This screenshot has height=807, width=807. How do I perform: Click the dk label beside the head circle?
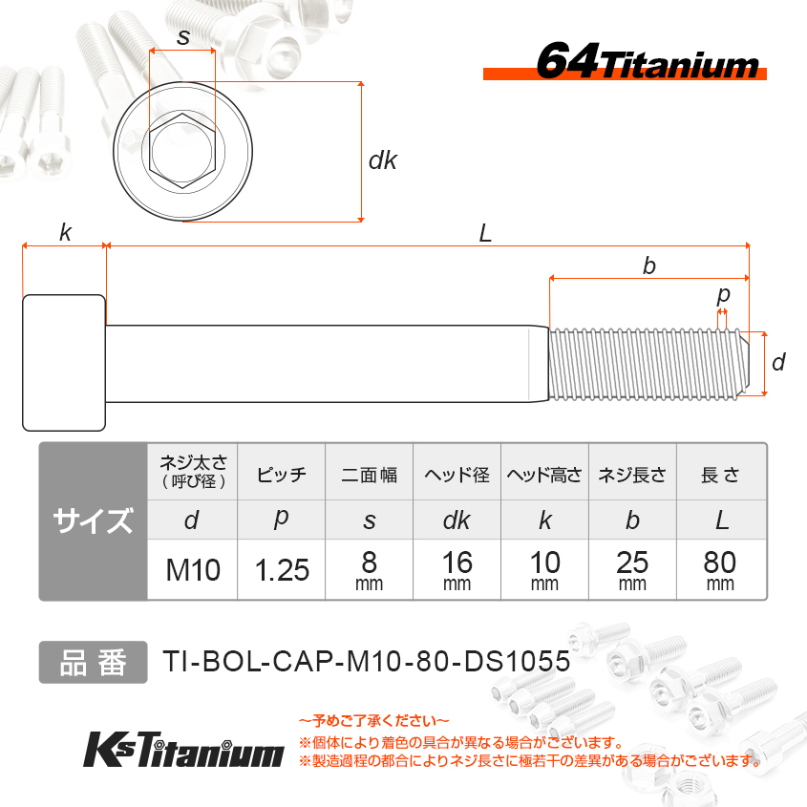click(x=383, y=160)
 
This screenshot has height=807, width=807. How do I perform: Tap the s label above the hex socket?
click(x=183, y=37)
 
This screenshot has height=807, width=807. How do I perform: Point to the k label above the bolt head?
click(x=65, y=232)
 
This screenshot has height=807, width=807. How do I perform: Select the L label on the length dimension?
click(x=485, y=234)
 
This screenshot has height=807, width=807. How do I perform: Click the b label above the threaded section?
click(x=649, y=265)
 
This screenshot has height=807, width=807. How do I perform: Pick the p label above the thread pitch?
click(x=723, y=296)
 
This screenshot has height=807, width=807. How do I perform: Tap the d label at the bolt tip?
click(x=778, y=362)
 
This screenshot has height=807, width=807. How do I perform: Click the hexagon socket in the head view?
click(x=182, y=151)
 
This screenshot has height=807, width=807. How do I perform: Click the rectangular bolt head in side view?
click(x=64, y=363)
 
